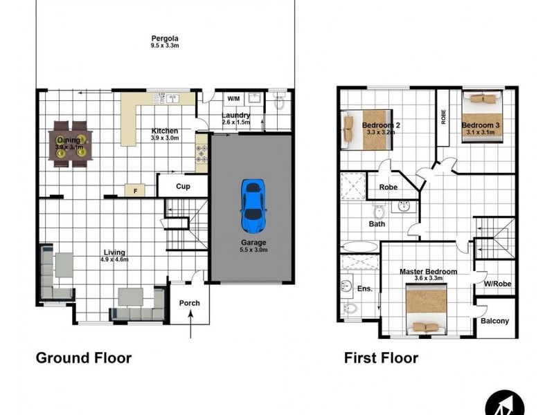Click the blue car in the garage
coord(253,205)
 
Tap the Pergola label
coord(165,38)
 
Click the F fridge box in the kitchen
coord(134,189)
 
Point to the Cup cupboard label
coord(183,186)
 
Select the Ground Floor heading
coord(83,358)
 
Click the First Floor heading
coord(381,358)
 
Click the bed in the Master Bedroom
coord(427,310)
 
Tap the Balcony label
coord(494,321)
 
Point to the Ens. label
coord(365,288)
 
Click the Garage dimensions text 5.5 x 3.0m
coord(253,250)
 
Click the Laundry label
coord(235,115)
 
